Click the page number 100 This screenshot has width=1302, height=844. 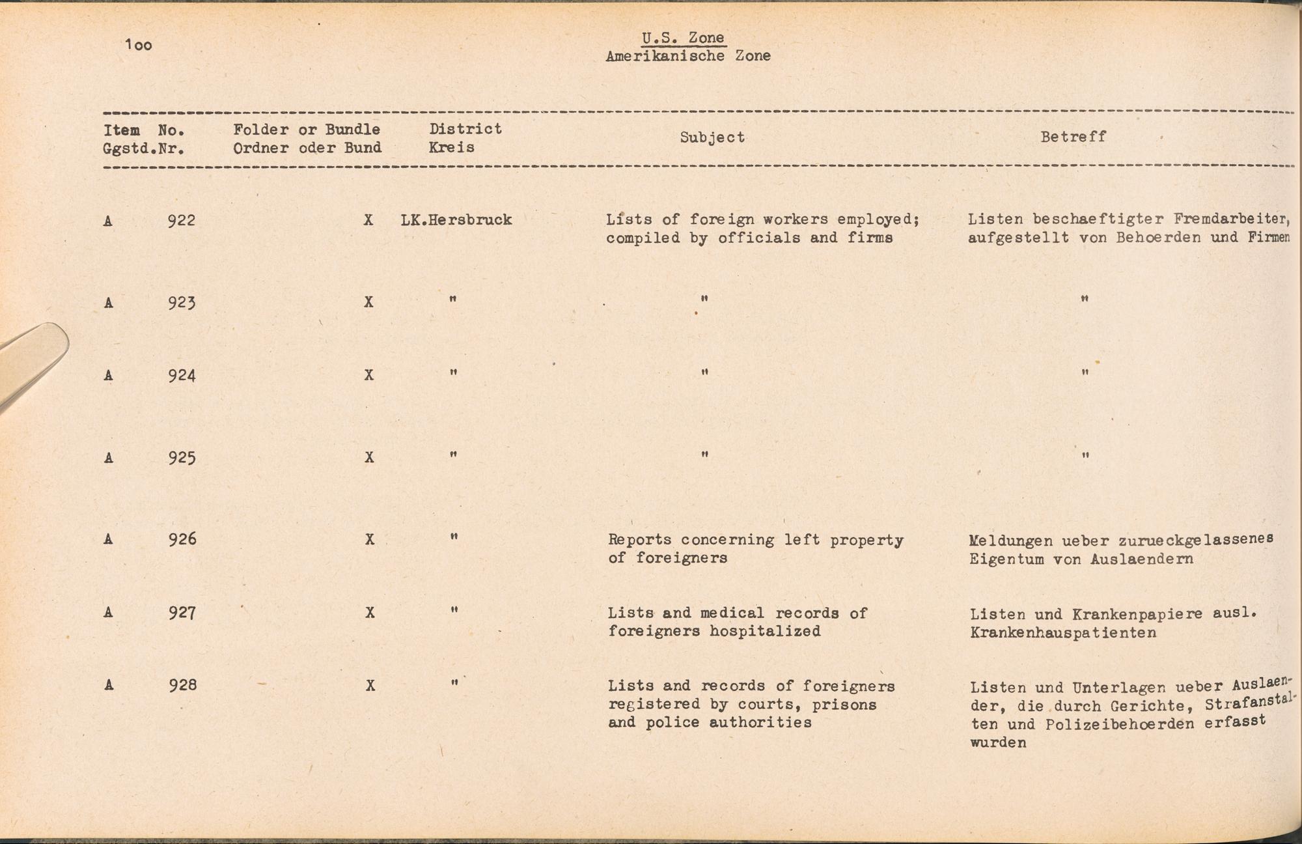point(139,45)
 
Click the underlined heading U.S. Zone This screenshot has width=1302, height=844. point(682,38)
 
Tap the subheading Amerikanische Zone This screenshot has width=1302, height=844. point(687,56)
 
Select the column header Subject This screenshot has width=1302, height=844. point(712,137)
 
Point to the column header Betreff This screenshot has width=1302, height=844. point(1073,137)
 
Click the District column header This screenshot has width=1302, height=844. point(465,129)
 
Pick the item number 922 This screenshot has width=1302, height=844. point(181,220)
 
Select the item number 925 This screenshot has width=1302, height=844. point(182,457)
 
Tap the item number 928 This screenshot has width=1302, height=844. point(182,685)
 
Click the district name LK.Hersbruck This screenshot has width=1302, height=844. point(456,220)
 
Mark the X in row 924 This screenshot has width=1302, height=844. point(369,375)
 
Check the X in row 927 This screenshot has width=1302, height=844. point(370,613)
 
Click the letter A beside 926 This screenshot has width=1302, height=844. point(108,539)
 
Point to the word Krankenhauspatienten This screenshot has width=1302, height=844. point(1062,632)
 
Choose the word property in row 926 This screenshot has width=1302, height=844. point(866,540)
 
